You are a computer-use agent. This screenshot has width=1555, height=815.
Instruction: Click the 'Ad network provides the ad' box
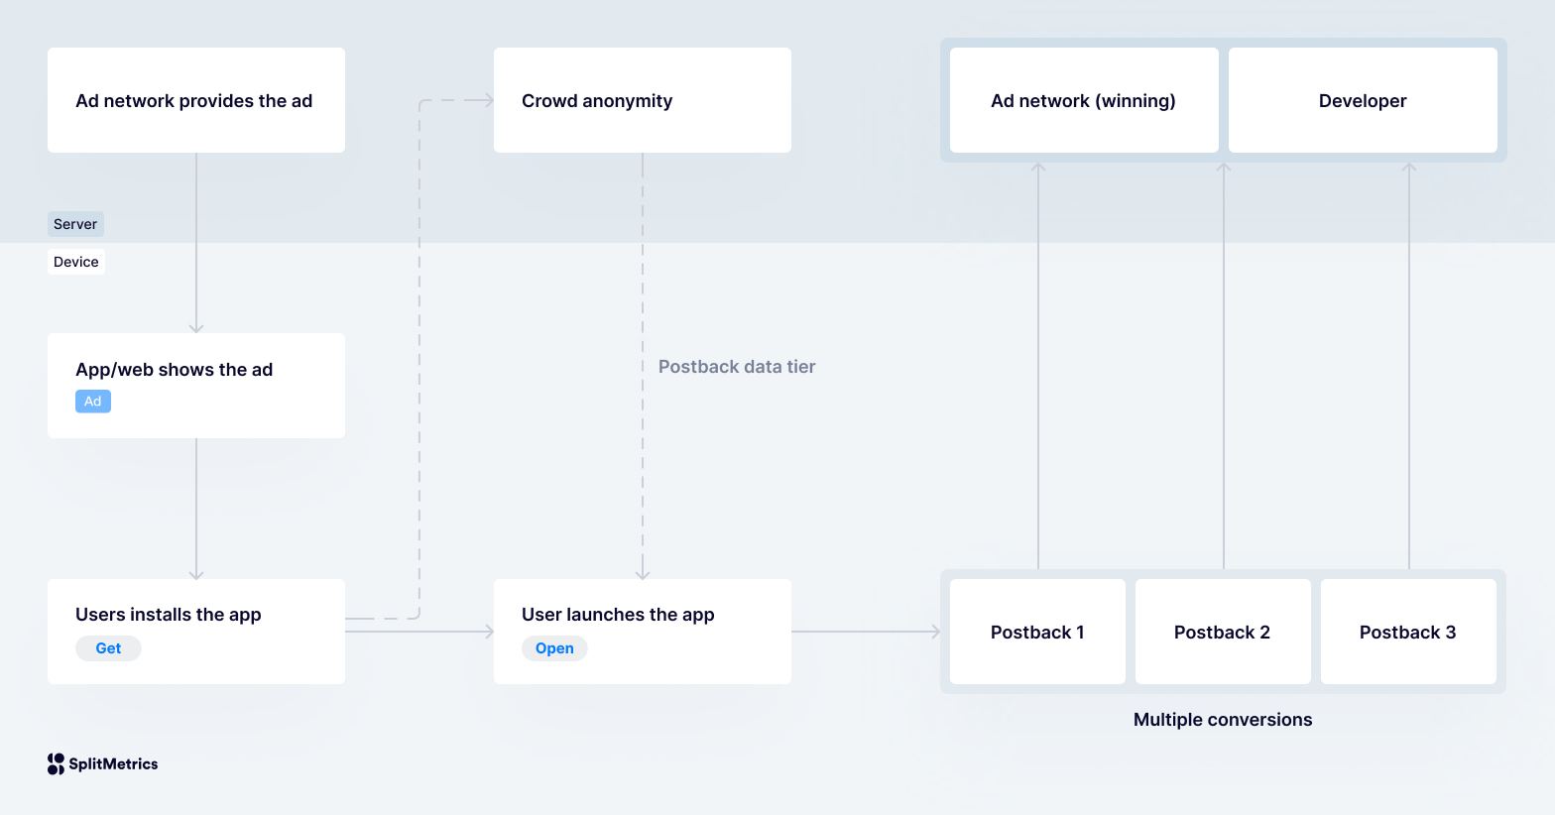tap(195, 100)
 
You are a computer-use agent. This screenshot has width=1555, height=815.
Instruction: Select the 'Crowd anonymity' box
tap(642, 100)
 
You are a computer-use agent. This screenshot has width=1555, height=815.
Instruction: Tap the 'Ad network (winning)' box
tap(1083, 100)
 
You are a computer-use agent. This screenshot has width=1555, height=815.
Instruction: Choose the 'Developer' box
tap(1362, 100)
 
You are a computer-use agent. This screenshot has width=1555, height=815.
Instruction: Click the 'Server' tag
tap(75, 224)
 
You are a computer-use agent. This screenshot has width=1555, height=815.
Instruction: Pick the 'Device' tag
tap(76, 262)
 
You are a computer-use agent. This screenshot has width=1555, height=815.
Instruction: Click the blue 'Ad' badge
tap(93, 402)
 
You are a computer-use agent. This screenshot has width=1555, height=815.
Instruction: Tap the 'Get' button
tap(108, 648)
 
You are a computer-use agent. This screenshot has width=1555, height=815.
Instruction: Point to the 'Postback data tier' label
tap(737, 367)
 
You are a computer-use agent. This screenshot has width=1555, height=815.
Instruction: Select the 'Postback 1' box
tap(1037, 632)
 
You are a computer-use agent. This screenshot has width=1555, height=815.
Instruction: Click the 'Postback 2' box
tap(1222, 632)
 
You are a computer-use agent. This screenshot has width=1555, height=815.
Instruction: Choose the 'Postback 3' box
tap(1407, 632)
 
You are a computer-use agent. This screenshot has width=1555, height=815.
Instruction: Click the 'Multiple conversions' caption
tap(1222, 720)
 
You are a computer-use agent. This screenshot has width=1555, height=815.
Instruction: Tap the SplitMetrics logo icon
tap(56, 763)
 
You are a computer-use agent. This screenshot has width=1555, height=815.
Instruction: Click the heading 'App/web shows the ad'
tap(174, 370)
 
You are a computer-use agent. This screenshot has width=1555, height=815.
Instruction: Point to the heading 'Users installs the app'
tap(169, 615)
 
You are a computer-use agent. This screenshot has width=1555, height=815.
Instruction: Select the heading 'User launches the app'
tap(618, 615)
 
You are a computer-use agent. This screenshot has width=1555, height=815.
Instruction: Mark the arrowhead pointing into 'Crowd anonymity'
tap(488, 100)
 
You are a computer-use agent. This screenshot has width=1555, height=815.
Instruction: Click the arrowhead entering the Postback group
tap(935, 632)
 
